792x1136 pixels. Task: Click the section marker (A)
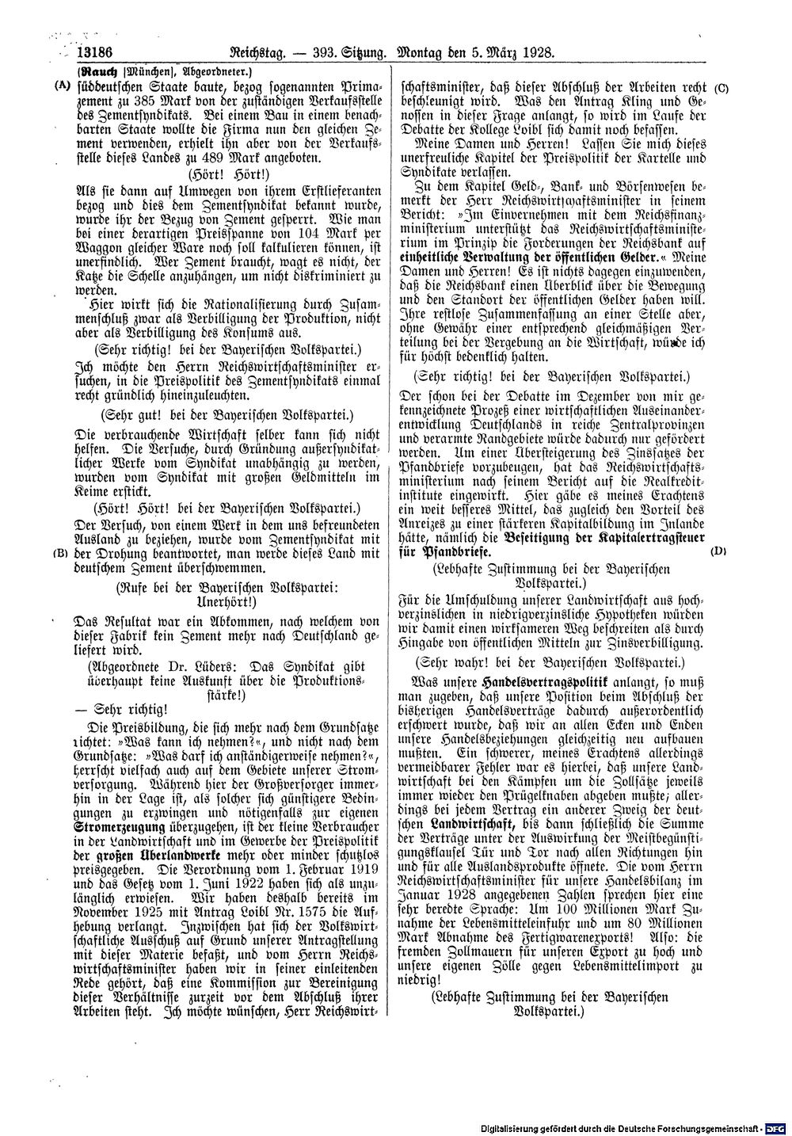59,85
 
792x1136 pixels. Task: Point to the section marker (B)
59,552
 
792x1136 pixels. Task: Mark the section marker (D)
719,550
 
